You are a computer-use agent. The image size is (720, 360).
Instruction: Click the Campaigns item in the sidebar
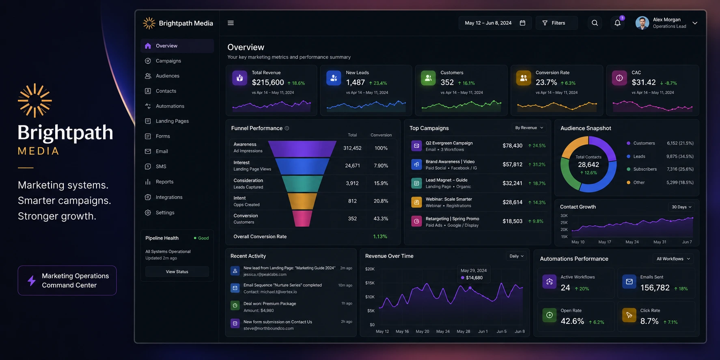[168, 61]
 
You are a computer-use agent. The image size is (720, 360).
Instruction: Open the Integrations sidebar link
[169, 197]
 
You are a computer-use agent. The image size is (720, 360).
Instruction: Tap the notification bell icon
[617, 23]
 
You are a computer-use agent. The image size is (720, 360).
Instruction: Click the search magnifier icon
[595, 23]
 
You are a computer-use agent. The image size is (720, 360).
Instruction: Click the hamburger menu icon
[231, 23]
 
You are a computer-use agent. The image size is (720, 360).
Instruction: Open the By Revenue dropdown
[529, 128]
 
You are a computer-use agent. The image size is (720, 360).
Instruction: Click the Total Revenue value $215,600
[268, 82]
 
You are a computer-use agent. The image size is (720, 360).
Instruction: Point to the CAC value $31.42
[644, 82]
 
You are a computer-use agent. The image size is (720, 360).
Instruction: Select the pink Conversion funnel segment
[302, 219]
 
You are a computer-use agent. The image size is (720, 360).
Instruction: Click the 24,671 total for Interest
[352, 166]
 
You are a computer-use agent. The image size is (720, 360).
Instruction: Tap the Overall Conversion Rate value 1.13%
[380, 237]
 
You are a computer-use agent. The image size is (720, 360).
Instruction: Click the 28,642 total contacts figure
[589, 165]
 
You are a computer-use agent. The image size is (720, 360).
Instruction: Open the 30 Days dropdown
[681, 207]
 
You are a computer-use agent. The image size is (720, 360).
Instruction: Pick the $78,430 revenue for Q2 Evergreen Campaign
[512, 146]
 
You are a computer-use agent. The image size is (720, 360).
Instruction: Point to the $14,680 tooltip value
[474, 278]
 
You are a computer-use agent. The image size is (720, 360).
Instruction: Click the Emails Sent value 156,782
[655, 288]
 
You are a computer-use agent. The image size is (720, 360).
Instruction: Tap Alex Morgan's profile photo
[642, 23]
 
